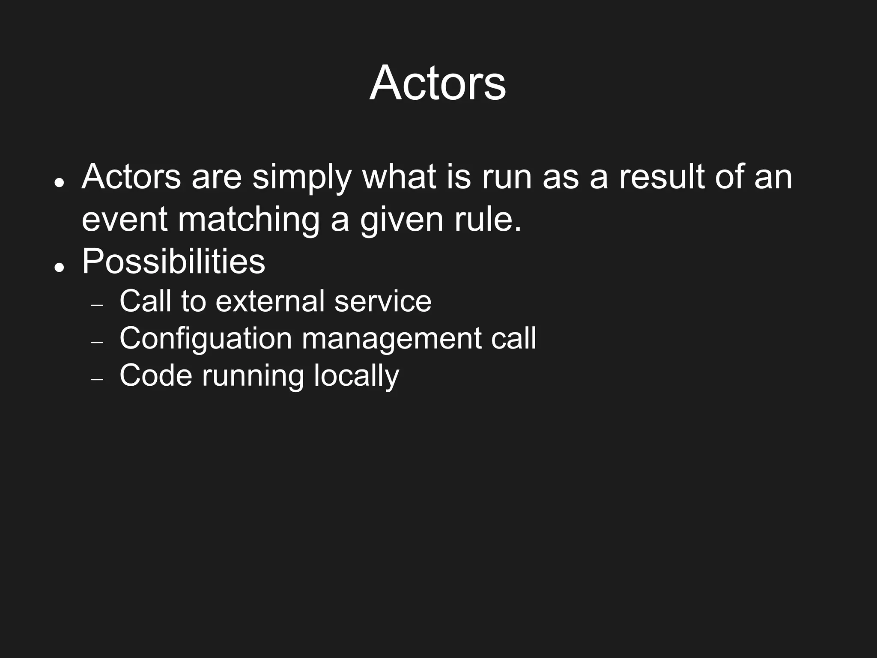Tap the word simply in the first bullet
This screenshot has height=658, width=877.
point(301,178)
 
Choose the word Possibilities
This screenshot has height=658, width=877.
point(173,262)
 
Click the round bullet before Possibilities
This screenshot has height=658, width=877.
point(59,268)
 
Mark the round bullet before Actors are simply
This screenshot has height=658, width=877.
point(59,183)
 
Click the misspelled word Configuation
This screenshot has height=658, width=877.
point(206,339)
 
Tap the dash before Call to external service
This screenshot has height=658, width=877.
point(98,305)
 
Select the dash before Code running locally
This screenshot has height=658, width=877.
point(98,380)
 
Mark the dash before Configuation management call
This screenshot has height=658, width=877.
point(98,342)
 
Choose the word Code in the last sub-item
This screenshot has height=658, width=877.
point(156,376)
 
